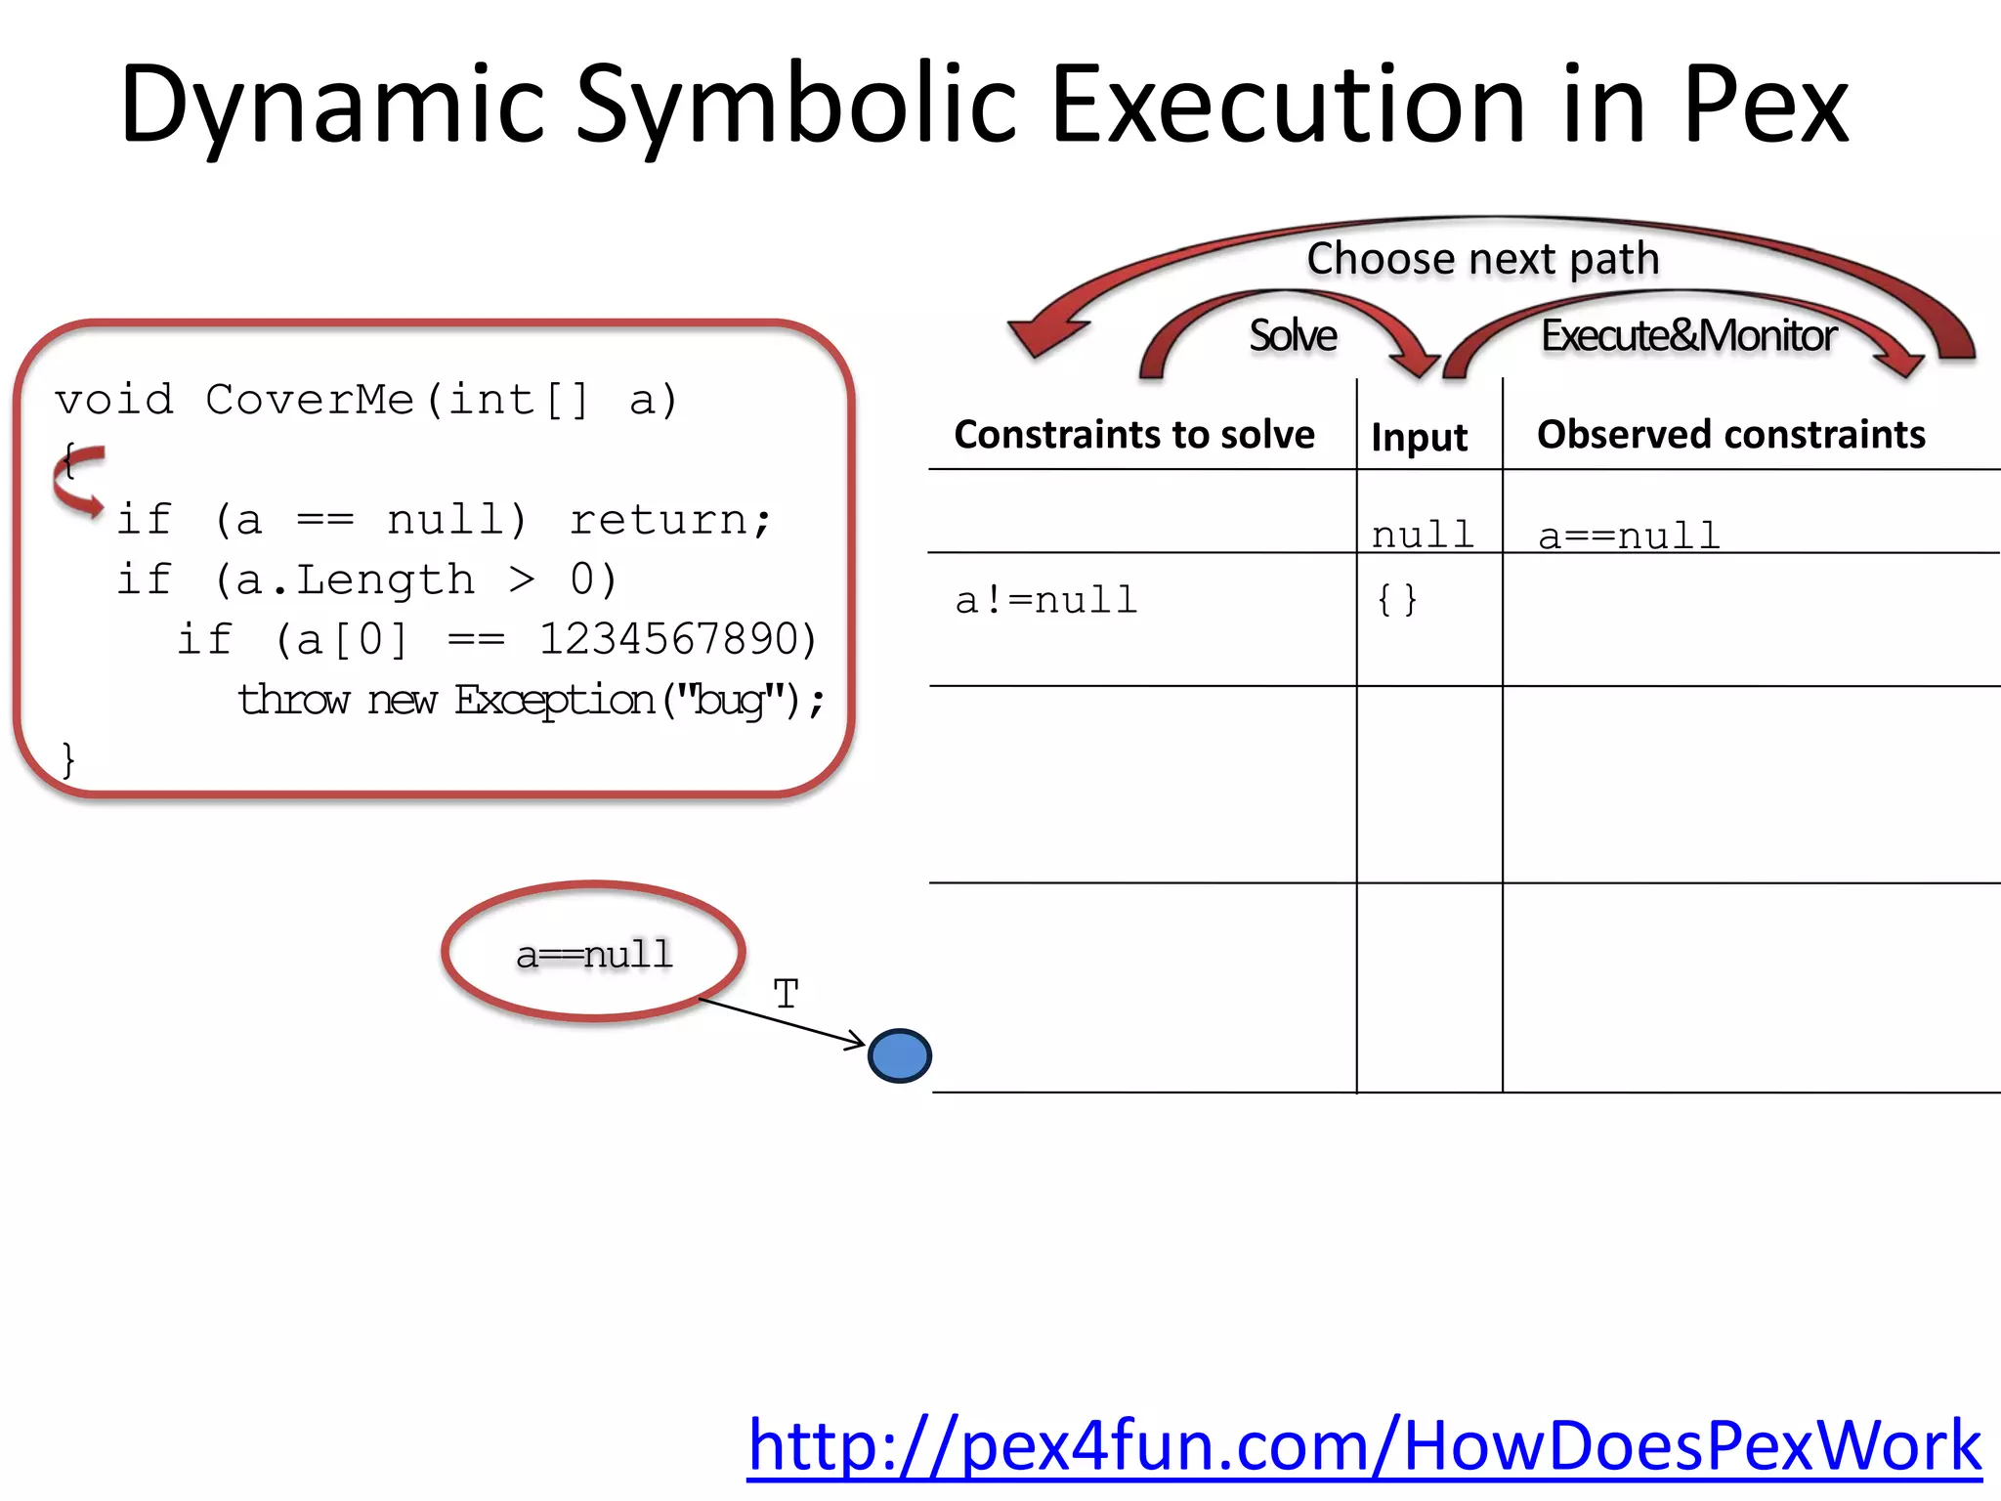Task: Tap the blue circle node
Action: pos(899,1055)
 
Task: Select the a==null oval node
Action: pos(594,952)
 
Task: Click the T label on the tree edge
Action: pos(786,995)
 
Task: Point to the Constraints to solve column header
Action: pos(1134,434)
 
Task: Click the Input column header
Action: pos(1419,437)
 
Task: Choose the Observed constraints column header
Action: pos(1730,434)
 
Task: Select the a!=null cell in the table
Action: pos(1046,600)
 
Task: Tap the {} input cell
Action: pos(1396,599)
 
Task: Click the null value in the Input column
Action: pos(1423,535)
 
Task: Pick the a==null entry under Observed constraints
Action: pos(1629,536)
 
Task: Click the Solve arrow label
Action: pos(1293,335)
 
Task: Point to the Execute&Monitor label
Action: pos(1688,335)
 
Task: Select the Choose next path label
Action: pos(1483,259)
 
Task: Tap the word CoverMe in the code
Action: pos(310,400)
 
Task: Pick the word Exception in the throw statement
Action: pos(554,700)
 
